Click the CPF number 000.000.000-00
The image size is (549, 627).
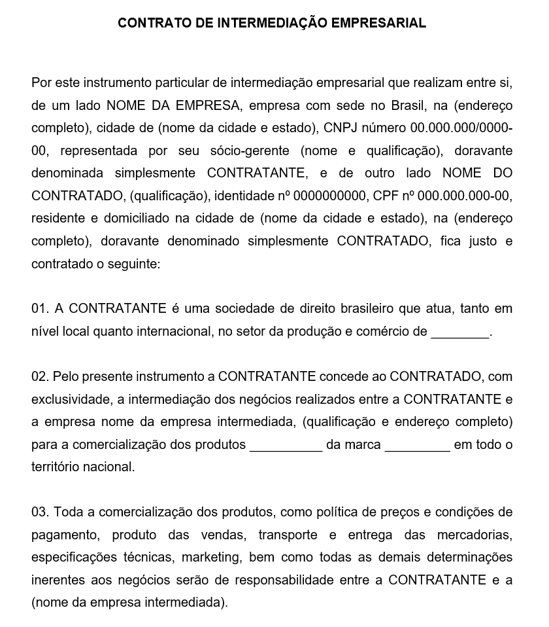pyautogui.click(x=464, y=196)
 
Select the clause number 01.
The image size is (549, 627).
pyautogui.click(x=40, y=308)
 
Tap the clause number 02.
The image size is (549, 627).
pyautogui.click(x=40, y=377)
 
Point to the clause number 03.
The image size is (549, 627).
pyautogui.click(x=40, y=512)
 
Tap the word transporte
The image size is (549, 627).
pyautogui.click(x=288, y=535)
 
